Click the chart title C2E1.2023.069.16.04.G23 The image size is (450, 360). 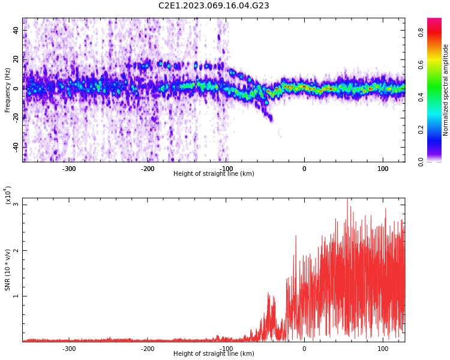pos(214,6)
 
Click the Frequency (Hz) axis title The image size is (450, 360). pos(8,90)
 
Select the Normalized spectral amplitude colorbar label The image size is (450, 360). pos(446,90)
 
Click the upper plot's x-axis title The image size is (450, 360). pos(214,174)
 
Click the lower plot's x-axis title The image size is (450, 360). pos(214,354)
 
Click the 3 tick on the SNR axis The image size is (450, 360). pos(16,205)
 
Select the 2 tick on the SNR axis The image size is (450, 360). pos(16,250)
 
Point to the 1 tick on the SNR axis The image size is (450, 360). pos(16,296)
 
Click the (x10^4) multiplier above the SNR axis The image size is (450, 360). pos(8,195)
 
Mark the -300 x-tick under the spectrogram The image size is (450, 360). pos(69,169)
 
